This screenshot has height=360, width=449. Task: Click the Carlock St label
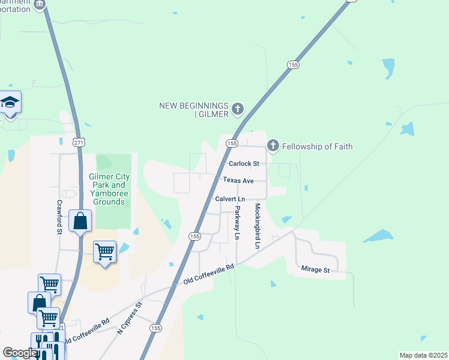[x=243, y=163]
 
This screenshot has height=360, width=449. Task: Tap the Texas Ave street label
[x=238, y=180]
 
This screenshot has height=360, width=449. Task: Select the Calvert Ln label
[x=230, y=199]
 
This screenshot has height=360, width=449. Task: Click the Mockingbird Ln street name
[x=257, y=226]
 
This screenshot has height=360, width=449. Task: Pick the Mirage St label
[x=316, y=271]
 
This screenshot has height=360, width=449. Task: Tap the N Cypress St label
[x=129, y=318]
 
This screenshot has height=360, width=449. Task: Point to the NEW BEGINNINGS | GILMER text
[x=193, y=110]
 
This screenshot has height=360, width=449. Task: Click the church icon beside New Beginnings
[x=238, y=109]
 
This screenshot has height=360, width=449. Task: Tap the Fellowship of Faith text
[x=317, y=146]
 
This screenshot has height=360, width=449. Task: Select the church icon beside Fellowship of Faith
[x=273, y=145]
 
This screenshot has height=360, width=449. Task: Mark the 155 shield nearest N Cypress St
[x=155, y=328]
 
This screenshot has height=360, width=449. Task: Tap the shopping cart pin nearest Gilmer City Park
[x=105, y=252]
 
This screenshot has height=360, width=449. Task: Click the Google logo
[x=19, y=353]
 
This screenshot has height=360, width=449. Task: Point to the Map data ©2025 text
[x=423, y=355]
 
